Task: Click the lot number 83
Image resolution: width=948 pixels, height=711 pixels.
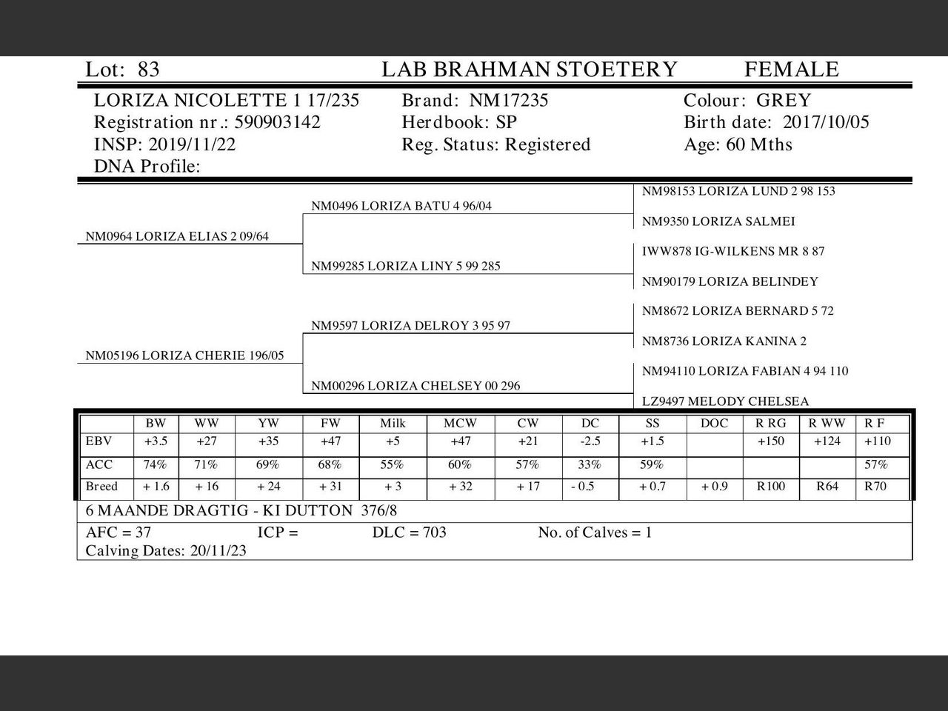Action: point(148,70)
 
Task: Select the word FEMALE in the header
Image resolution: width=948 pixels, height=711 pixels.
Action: point(791,70)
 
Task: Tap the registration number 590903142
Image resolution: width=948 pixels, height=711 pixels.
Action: point(277,122)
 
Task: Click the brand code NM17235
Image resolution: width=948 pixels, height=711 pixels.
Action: point(509,101)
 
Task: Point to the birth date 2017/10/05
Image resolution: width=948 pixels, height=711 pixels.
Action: point(826,122)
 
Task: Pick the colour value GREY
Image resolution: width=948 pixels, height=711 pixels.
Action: point(784,101)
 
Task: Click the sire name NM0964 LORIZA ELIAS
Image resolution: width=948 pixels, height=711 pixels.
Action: point(177,237)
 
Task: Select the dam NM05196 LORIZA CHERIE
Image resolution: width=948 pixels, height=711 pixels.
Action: point(184,355)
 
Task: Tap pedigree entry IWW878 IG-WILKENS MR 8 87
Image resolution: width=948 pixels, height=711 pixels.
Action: point(732,251)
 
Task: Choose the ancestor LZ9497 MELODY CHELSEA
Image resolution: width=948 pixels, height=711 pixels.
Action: point(725,401)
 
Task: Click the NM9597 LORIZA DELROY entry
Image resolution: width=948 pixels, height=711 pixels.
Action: point(410,326)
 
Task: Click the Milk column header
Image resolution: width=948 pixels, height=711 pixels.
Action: point(393,424)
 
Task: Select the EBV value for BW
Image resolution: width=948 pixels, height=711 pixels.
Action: point(156,441)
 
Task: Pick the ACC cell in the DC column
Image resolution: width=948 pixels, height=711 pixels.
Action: point(590,465)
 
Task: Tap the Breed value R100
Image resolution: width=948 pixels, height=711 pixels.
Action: point(770,487)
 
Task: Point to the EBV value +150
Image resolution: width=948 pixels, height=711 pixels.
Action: point(770,441)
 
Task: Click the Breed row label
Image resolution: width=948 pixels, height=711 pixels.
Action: point(102,487)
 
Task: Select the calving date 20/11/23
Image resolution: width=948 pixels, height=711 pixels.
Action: point(218,551)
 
